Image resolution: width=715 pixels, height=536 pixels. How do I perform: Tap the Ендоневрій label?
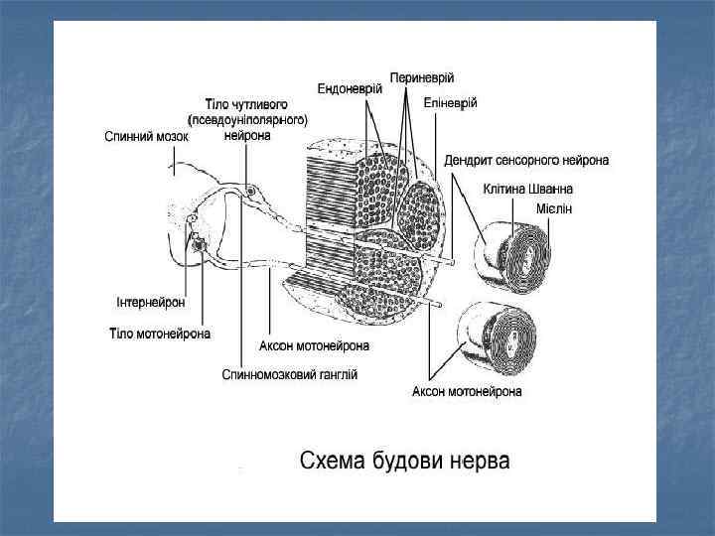click(351, 88)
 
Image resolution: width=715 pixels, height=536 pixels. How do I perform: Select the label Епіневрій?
click(451, 102)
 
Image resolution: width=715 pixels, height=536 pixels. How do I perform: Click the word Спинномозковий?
click(267, 375)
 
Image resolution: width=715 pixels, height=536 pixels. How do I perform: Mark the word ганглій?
click(337, 375)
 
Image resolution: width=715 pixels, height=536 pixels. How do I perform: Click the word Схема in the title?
click(332, 463)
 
